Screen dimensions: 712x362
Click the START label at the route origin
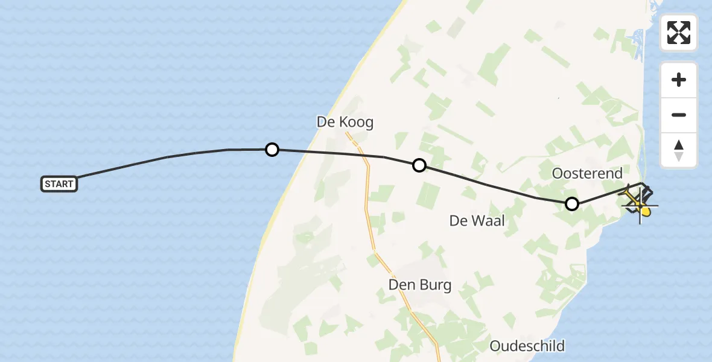tap(59, 184)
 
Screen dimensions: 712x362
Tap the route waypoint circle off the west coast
tap(272, 149)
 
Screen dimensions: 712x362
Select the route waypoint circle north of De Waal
tap(419, 165)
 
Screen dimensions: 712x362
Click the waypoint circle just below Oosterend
tap(572, 204)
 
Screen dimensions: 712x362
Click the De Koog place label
tap(345, 122)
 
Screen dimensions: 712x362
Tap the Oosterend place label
tap(587, 174)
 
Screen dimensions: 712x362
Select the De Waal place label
tap(477, 221)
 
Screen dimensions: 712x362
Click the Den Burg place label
tap(420, 285)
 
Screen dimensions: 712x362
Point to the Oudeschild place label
tap(527, 346)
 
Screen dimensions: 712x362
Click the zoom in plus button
tap(679, 80)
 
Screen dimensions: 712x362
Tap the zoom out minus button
tap(679, 115)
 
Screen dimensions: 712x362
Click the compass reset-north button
tap(679, 150)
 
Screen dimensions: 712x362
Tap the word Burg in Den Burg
tap(435, 285)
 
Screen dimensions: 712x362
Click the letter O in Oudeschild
tap(496, 346)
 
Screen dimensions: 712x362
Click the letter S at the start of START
tap(48, 184)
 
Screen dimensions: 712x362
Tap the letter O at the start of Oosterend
tap(558, 174)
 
